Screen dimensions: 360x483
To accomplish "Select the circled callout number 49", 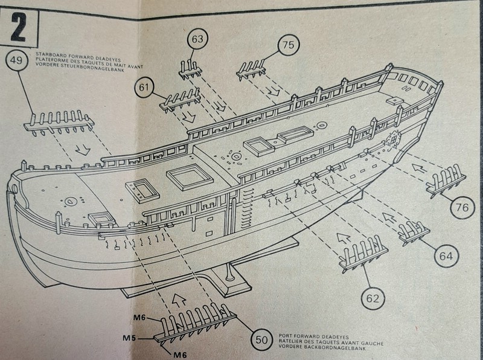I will click(x=17, y=61).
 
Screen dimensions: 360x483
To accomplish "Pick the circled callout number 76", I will click(x=462, y=207).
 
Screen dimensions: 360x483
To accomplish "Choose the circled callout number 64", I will click(x=446, y=256).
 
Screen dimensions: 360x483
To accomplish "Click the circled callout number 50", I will click(x=261, y=339).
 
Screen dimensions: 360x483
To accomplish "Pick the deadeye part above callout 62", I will click(x=361, y=254).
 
